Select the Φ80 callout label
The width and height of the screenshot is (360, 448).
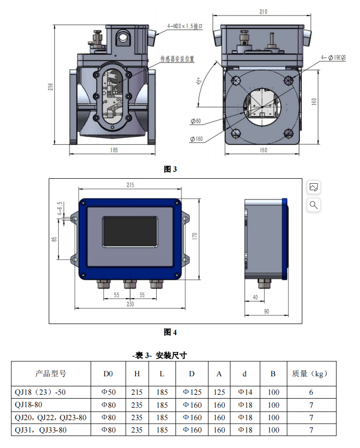pyautogui.click(x=195, y=121)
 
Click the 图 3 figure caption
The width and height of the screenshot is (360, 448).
pyautogui.click(x=170, y=169)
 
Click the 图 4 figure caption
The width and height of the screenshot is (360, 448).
pyautogui.click(x=170, y=332)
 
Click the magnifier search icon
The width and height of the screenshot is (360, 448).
pyautogui.click(x=314, y=205)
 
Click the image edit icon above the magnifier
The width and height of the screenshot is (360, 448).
pyautogui.click(x=314, y=187)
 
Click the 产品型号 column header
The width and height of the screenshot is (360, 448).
pyautogui.click(x=51, y=373)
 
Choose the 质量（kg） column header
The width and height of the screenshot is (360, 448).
pyautogui.click(x=311, y=373)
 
